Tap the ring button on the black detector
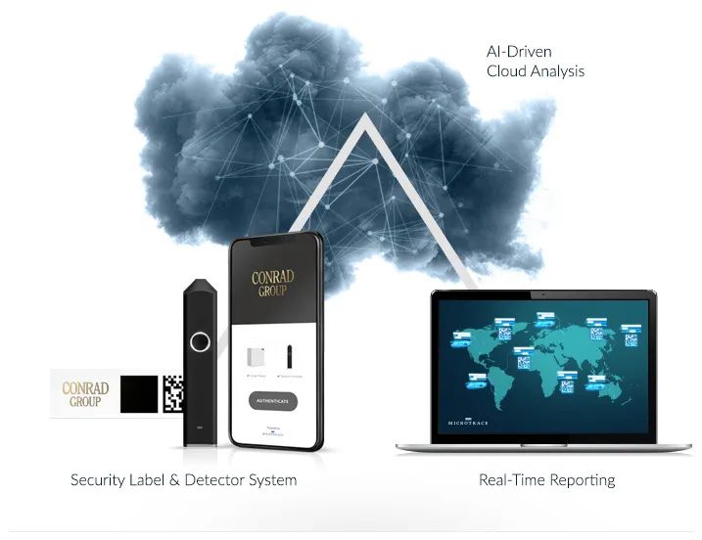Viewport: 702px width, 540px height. pyautogui.click(x=201, y=341)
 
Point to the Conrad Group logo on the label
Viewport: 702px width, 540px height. pyautogui.click(x=85, y=394)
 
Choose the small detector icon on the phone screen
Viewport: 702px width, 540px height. pyautogui.click(x=291, y=357)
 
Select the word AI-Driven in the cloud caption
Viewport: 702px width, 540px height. pyautogui.click(x=520, y=51)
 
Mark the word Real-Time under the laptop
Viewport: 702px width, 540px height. pyautogui.click(x=508, y=480)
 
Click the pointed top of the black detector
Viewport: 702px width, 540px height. pyautogui.click(x=200, y=283)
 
